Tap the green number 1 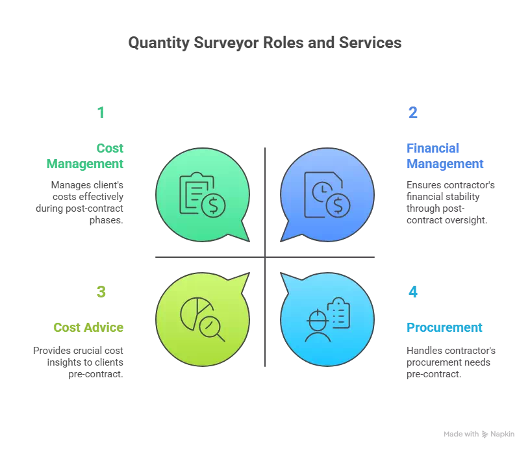click(x=101, y=112)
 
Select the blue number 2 click(x=412, y=112)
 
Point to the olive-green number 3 click(x=101, y=292)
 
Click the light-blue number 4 click(x=412, y=292)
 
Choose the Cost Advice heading click(x=88, y=327)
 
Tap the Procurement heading click(x=444, y=327)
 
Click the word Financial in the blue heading click(x=433, y=148)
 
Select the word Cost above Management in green click(x=110, y=148)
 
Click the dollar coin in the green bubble click(x=213, y=206)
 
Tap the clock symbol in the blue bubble click(x=322, y=192)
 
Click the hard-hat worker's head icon click(x=318, y=320)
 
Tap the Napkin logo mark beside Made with click(x=485, y=434)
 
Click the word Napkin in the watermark click(x=502, y=434)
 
